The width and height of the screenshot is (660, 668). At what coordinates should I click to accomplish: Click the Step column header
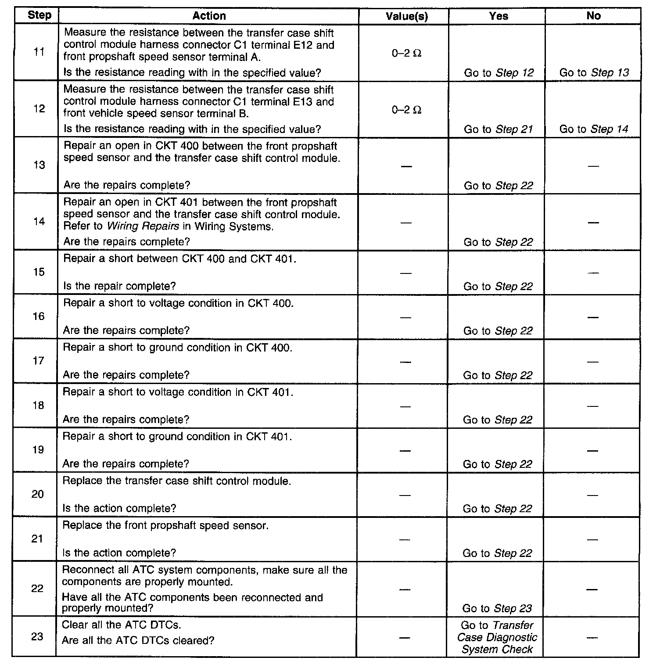39,15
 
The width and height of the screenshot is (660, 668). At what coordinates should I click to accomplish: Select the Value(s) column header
407,16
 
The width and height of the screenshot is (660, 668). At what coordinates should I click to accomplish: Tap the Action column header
209,16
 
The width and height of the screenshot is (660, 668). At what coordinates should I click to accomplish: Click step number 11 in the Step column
39,52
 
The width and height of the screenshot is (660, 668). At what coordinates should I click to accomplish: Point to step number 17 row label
39,361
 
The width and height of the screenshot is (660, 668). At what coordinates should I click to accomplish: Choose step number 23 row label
37,636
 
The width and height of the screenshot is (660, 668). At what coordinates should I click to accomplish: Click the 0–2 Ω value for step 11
407,54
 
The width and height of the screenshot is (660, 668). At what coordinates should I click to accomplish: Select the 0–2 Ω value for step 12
407,110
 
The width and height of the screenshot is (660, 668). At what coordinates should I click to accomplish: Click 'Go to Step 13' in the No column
594,73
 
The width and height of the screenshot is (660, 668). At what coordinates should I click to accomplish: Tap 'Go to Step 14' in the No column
593,129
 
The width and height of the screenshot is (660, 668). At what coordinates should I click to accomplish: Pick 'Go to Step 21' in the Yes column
498,129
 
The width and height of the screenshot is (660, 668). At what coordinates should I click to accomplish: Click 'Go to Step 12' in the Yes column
499,73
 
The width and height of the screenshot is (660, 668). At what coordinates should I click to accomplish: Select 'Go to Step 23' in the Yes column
497,608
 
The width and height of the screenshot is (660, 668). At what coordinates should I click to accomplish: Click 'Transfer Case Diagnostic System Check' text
497,637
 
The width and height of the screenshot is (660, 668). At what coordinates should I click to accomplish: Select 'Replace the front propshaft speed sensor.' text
165,525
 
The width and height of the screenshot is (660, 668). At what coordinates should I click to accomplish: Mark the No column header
593,16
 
